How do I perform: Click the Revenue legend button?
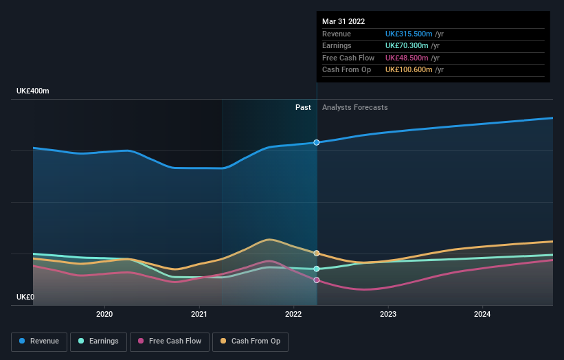click(x=40, y=341)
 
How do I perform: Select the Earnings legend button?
click(x=98, y=341)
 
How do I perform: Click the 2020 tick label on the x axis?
click(x=104, y=314)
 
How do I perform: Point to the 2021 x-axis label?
click(x=199, y=314)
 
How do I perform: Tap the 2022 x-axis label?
click(x=293, y=314)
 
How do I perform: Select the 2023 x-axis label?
click(x=388, y=314)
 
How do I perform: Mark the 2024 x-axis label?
click(x=482, y=314)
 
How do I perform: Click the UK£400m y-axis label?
click(x=33, y=91)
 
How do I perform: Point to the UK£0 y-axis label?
click(x=25, y=297)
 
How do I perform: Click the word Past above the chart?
click(x=303, y=107)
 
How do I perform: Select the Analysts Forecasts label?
click(x=354, y=107)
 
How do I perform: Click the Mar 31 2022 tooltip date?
click(x=343, y=21)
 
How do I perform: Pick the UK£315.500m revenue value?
click(x=409, y=34)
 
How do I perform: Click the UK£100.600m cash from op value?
click(x=409, y=69)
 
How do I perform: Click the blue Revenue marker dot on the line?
click(x=317, y=142)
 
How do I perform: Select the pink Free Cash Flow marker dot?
click(x=317, y=280)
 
